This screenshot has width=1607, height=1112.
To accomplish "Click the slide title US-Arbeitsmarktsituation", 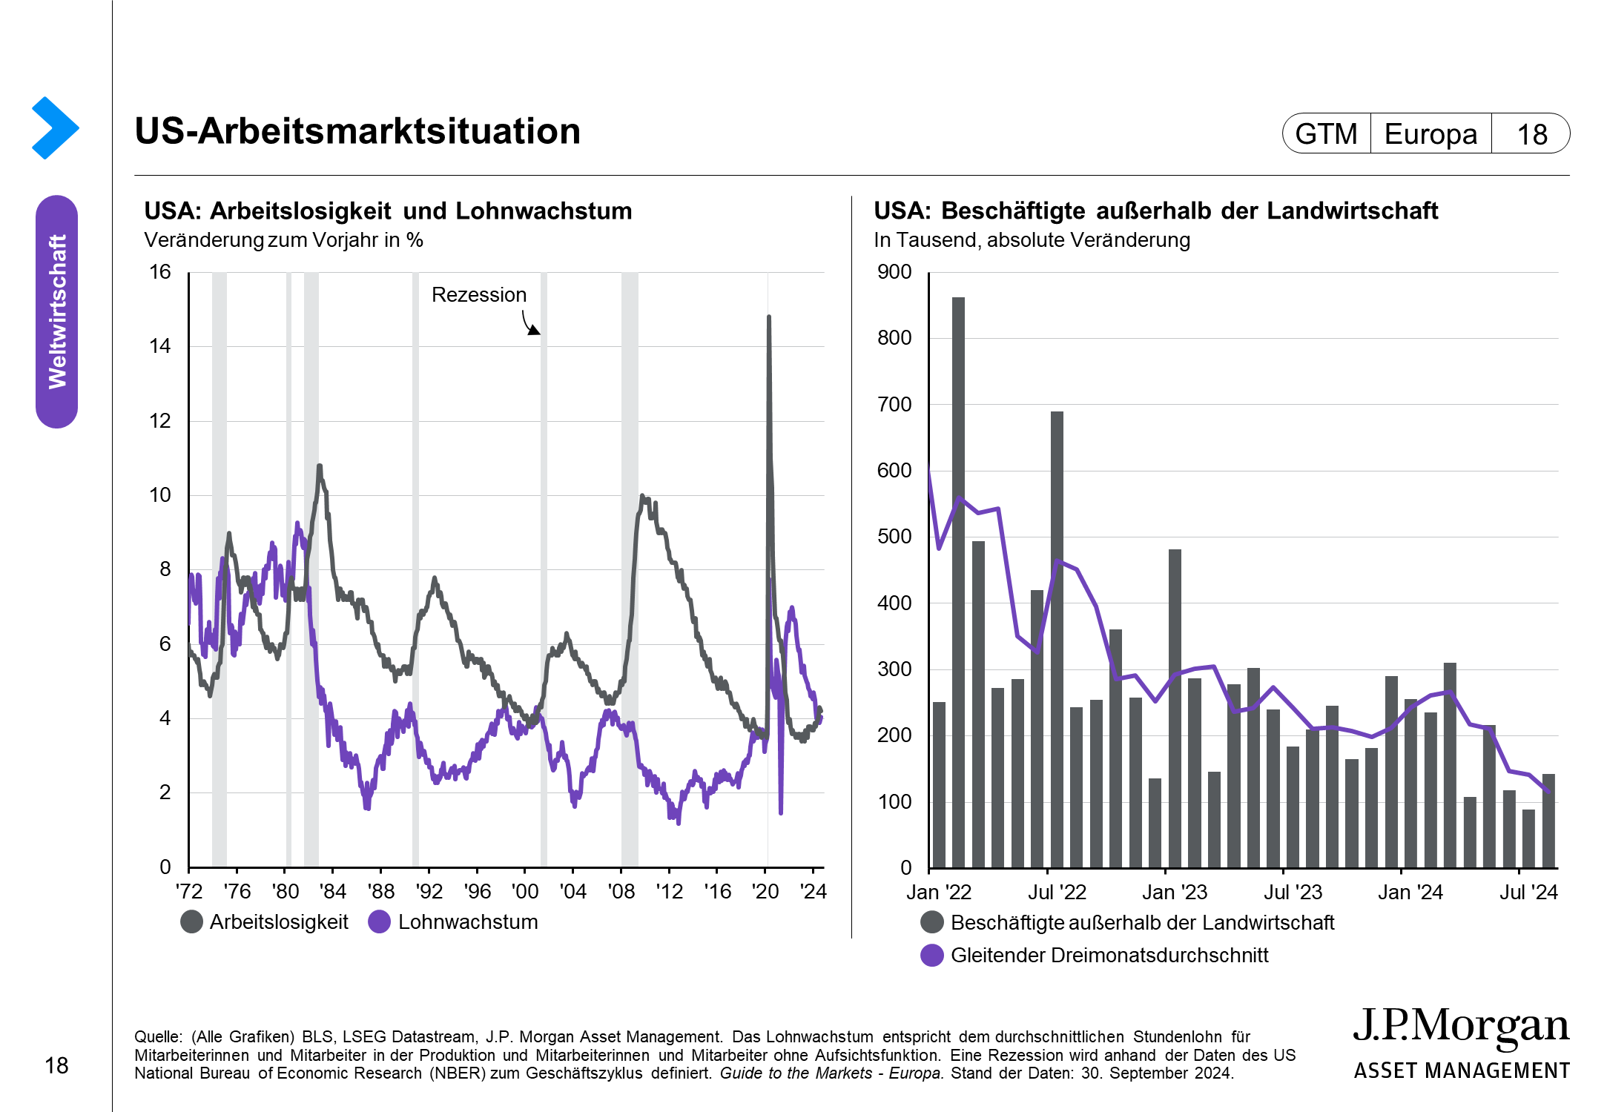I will click(357, 131).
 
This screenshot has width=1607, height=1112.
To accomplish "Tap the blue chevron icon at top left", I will click(55, 128).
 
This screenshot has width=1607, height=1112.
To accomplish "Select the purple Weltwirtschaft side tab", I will click(57, 311).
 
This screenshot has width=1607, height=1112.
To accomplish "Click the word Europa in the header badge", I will click(1431, 134).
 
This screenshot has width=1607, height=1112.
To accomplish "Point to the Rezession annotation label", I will click(479, 295).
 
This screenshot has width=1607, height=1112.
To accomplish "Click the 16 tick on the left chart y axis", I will click(160, 272).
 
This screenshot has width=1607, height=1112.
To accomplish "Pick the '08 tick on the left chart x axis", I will click(621, 891).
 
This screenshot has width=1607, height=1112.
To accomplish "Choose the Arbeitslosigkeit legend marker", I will click(192, 922).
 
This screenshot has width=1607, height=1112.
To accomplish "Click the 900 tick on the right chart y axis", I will click(894, 272).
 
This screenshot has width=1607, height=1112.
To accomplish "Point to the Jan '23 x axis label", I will click(1175, 893).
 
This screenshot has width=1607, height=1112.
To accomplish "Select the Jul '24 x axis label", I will click(1528, 893).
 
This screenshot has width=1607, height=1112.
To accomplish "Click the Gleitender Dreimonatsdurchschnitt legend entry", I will click(1109, 956).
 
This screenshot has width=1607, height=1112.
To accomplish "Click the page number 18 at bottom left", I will click(56, 1066).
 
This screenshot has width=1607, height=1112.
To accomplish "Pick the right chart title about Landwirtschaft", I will click(1155, 211).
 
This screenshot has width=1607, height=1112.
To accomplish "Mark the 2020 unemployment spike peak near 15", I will click(768, 317).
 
